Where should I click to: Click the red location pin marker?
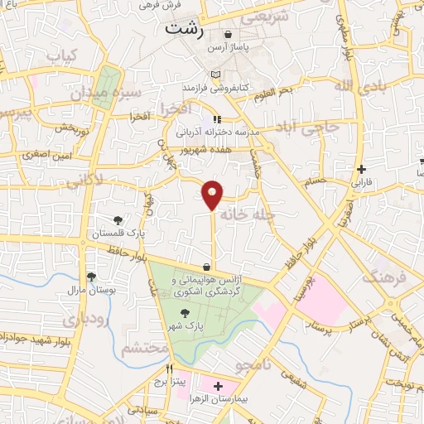[213, 194]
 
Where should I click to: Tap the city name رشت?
[183, 26]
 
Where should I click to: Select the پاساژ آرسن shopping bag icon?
[228, 35]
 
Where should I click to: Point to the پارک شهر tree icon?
[184, 313]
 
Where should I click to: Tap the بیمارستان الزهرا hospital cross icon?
[218, 387]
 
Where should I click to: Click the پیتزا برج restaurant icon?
[170, 370]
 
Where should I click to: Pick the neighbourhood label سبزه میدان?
[117, 94]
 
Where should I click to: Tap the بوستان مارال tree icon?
[90, 277]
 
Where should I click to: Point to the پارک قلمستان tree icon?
[118, 220]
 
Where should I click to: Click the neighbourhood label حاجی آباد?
[320, 128]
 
